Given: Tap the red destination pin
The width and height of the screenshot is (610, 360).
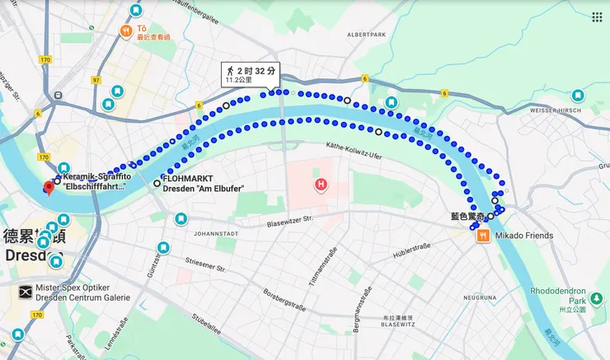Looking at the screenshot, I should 49,188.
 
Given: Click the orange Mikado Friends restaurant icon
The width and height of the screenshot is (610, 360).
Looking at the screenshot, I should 483,236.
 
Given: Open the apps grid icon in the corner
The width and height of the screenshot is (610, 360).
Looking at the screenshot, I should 596,16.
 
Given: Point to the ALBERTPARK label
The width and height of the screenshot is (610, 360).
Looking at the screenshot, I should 366,35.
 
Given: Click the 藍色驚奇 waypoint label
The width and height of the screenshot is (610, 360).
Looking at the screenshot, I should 467,216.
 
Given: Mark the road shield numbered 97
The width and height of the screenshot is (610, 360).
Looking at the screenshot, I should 96,80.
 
